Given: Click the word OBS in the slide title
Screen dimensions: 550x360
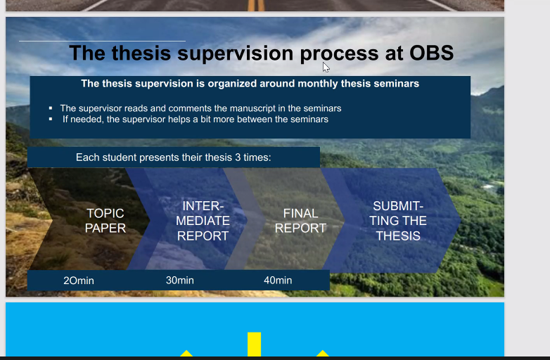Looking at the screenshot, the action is [x=431, y=53].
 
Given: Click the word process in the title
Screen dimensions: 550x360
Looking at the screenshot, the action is [x=340, y=54].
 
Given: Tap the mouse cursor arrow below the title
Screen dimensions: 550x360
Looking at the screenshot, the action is [x=326, y=67].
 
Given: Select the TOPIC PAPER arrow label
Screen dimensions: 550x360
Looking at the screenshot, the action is [x=105, y=221].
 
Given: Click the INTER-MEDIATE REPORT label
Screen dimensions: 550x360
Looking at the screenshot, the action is [x=203, y=221].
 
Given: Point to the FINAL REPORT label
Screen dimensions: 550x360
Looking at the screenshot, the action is [x=300, y=221].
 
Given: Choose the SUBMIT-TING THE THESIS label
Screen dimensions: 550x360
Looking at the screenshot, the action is [x=398, y=221].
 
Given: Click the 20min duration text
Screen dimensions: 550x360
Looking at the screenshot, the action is [x=79, y=281].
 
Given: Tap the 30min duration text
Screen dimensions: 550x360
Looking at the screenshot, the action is [x=180, y=280].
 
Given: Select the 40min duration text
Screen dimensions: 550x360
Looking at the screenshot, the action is [x=278, y=280].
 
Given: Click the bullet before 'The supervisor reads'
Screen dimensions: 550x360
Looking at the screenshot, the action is [x=51, y=108].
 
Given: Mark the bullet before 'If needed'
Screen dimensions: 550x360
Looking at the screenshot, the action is [x=51, y=120].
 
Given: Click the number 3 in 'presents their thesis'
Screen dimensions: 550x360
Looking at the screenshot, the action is [x=238, y=157].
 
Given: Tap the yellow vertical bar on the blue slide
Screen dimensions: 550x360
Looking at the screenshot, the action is [x=255, y=345].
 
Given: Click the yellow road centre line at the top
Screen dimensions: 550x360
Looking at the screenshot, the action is [x=257, y=5].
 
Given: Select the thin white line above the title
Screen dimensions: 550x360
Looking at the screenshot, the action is [x=102, y=41].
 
